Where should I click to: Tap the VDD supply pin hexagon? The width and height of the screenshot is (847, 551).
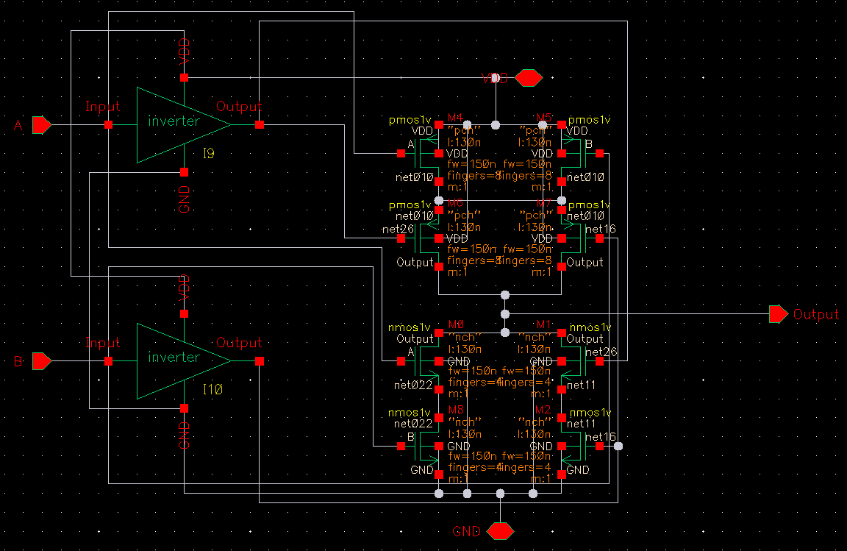point(529,77)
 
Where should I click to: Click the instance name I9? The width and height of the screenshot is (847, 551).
point(210,153)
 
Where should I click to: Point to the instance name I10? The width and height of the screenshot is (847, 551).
point(212,388)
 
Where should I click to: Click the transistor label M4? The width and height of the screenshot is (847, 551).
point(455,118)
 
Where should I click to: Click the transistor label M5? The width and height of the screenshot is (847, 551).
point(544,118)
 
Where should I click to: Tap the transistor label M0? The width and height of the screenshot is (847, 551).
point(455,324)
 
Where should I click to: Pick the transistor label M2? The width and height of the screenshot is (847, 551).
point(543,409)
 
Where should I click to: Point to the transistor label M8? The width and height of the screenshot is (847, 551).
point(455,409)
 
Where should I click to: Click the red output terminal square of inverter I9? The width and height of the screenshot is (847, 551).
point(260,125)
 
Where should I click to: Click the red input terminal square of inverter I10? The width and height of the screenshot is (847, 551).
point(109,361)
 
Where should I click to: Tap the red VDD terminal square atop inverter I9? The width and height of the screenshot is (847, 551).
point(185,77)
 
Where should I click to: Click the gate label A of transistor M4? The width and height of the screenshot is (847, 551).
point(411,143)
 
